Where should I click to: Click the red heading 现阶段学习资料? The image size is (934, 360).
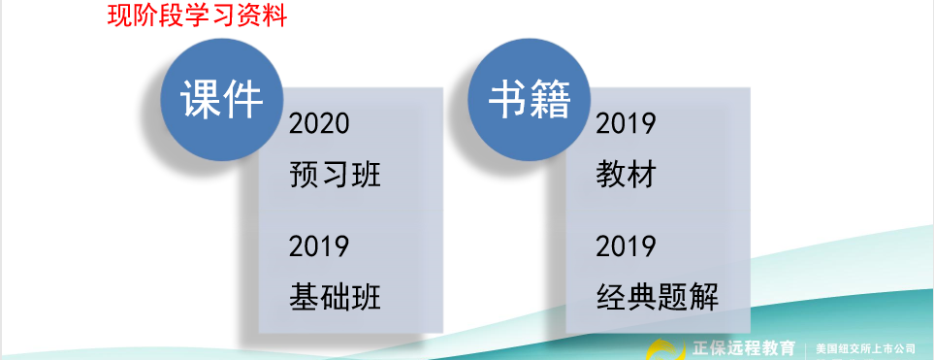pos(197,16)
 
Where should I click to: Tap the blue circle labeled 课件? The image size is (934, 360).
pos(222,100)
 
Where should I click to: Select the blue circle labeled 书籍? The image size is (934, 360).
pos(529,99)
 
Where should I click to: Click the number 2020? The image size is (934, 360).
pos(319,124)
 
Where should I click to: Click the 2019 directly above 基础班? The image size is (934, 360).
pos(319,246)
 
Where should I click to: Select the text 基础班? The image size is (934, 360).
pos(335,297)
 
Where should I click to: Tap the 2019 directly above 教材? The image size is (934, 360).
pos(626,124)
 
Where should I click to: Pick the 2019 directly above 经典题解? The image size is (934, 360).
pos(626,246)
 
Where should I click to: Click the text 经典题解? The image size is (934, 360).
pos(657,297)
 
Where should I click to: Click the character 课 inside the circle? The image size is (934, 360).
pos(202,100)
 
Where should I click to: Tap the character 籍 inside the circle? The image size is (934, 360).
pos(550,100)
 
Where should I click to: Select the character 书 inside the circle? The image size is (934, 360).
pos(508,99)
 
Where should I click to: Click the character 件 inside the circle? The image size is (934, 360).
pos(243,100)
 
